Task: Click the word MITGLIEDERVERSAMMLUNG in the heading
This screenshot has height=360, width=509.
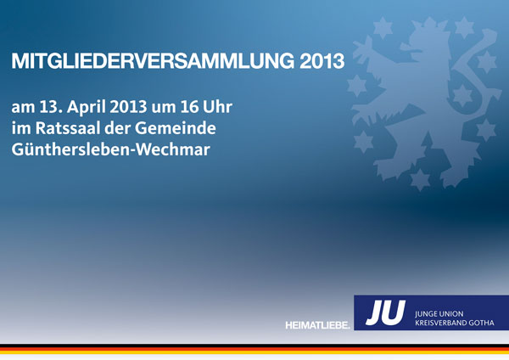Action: click(153, 61)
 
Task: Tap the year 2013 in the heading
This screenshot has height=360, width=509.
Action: click(322, 61)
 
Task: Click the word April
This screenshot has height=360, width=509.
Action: click(86, 108)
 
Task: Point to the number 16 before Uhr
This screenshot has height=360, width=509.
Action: click(189, 107)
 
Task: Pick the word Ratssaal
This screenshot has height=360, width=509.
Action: click(68, 128)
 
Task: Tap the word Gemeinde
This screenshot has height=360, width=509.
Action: click(176, 128)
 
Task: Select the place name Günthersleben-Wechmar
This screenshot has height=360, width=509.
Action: click(110, 149)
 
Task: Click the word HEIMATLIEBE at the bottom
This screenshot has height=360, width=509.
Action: click(317, 325)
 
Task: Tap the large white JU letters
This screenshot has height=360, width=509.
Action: click(385, 312)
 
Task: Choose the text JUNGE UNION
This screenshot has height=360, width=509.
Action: click(439, 314)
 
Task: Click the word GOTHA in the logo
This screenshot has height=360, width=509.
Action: click(482, 323)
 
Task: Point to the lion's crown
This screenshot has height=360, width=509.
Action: click(429, 26)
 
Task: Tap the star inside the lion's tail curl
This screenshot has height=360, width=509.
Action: click(462, 95)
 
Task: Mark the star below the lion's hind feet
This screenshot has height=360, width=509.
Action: click(420, 179)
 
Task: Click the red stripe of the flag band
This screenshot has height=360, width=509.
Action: click(255, 349)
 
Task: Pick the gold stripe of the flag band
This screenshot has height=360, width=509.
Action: click(255, 352)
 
